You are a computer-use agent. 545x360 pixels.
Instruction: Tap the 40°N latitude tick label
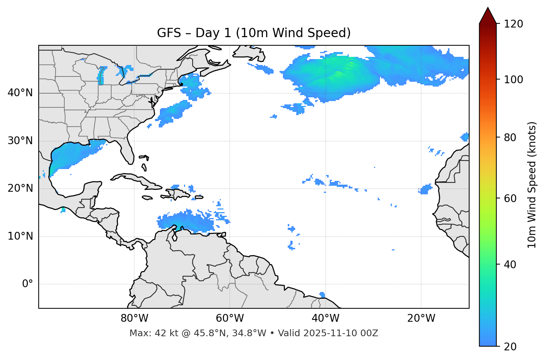pyautogui.click(x=20, y=93)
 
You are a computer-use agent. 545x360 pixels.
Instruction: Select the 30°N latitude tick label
pyautogui.click(x=20, y=141)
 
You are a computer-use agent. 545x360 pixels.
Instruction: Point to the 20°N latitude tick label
pyautogui.click(x=20, y=188)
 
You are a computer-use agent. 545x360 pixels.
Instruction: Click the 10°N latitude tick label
pyautogui.click(x=20, y=236)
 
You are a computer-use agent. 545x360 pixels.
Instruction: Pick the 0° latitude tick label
pyautogui.click(x=28, y=284)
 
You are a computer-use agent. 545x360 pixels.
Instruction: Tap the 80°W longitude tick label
pyautogui.click(x=134, y=318)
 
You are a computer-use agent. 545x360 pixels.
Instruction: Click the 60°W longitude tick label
pyautogui.click(x=230, y=318)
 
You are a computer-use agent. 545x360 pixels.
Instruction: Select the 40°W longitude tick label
pyautogui.click(x=325, y=318)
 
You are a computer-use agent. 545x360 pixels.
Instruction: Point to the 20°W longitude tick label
pyautogui.click(x=421, y=318)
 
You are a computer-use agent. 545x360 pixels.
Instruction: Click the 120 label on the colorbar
pyautogui.click(x=513, y=24)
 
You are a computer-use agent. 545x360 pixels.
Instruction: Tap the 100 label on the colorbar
pyautogui.click(x=513, y=80)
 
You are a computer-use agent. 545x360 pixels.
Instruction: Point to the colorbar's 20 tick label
pyautogui.click(x=510, y=347)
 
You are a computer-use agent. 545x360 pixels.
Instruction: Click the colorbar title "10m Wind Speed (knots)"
pyautogui.click(x=532, y=185)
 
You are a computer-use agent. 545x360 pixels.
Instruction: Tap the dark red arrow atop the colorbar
pyautogui.click(x=487, y=16)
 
